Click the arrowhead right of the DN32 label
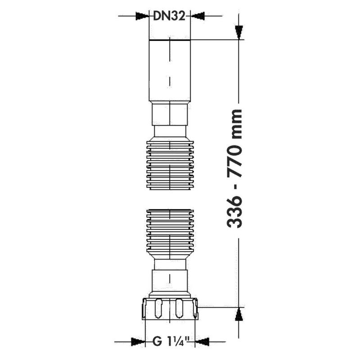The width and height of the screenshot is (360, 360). [197, 17]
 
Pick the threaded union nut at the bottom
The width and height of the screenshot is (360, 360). [170, 308]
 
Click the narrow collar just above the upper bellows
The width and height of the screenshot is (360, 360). [170, 131]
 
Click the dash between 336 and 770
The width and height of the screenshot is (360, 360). [236, 188]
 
